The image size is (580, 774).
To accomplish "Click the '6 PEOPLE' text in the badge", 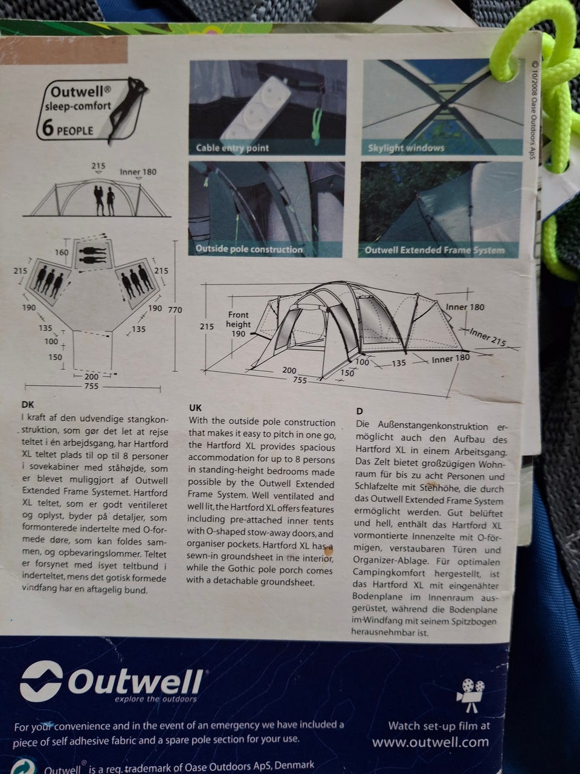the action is point(68,129).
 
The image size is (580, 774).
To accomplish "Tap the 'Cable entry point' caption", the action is point(233,148).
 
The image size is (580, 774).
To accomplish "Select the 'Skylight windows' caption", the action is point(405,148).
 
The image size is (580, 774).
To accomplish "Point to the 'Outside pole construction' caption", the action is point(249,249).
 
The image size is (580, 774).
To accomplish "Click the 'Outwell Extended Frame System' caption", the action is point(434,250).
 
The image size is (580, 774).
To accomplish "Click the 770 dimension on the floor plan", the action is point(175,310).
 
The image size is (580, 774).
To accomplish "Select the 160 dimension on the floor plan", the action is point(62,253).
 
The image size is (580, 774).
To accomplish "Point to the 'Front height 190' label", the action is point(239,324).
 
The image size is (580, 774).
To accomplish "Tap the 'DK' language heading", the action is point(28,405).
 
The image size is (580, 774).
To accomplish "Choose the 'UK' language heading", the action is point(195,408).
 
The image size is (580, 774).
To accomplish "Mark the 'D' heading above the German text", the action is point(359,412).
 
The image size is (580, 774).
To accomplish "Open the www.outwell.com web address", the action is point(431,741).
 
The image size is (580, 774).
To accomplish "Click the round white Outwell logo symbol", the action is point(41,680).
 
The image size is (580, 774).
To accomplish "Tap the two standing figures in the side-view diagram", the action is point(105,200).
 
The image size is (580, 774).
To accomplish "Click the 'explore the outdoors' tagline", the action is point(156,699).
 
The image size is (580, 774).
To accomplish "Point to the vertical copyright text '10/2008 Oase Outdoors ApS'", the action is point(535,110).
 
